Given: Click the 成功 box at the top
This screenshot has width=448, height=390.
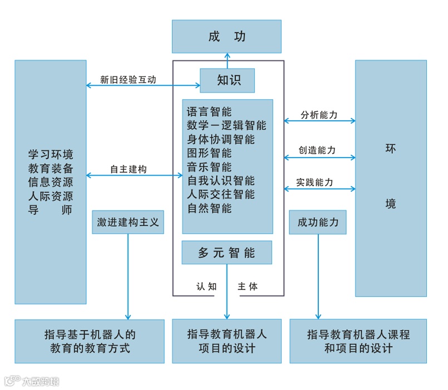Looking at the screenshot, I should (x=227, y=37).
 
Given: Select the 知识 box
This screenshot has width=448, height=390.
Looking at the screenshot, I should (x=228, y=80).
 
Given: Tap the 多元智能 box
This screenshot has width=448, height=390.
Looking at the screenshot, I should (x=227, y=252).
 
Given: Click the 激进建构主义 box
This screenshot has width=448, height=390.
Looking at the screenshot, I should (x=128, y=222).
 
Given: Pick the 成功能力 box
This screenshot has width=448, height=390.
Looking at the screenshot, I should (x=318, y=222).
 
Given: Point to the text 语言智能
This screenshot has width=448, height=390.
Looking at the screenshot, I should (x=209, y=111).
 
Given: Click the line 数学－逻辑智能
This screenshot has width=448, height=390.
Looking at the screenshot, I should (x=227, y=125).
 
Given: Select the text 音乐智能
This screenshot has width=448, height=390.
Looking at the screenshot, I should (x=209, y=167).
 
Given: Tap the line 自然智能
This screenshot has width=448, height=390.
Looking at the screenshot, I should (x=209, y=208).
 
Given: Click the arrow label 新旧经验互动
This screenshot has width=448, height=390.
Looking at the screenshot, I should (x=128, y=79).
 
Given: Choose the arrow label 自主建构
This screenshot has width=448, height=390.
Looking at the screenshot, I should (x=128, y=169).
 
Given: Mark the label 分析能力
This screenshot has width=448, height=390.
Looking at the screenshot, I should (x=319, y=115).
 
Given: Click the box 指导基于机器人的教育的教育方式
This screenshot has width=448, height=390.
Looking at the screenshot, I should (x=90, y=341).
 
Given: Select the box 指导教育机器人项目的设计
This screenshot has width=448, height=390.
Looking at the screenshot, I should (x=227, y=341).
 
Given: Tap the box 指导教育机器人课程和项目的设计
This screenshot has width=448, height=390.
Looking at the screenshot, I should (x=358, y=341).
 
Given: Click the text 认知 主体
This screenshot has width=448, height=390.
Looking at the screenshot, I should (x=227, y=286).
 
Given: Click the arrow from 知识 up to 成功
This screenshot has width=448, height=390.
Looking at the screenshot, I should (x=227, y=61).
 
